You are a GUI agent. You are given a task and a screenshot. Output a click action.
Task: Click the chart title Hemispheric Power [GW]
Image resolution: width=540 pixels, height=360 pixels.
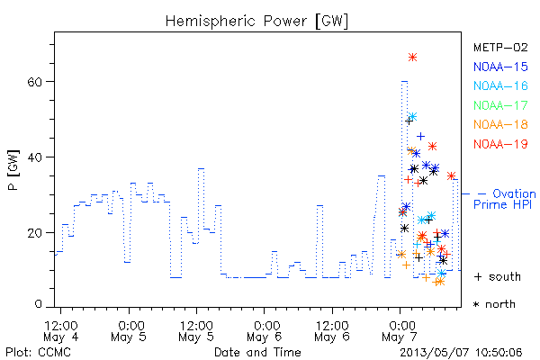tap(256, 21)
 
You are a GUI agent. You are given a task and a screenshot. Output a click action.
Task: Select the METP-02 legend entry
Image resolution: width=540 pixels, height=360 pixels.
tap(500, 47)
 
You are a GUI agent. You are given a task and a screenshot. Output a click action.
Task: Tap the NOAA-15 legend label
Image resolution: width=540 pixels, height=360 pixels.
tap(500, 67)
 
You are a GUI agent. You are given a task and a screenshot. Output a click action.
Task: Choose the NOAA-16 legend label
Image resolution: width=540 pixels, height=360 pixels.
tap(500, 85)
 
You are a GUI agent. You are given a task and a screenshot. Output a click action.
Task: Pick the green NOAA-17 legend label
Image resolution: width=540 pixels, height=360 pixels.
tap(500, 105)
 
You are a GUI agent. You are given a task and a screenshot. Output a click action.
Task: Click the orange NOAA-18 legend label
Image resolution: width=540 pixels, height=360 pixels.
tap(500, 124)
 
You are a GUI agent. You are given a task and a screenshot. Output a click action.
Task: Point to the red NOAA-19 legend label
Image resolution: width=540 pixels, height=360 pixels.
tap(500, 144)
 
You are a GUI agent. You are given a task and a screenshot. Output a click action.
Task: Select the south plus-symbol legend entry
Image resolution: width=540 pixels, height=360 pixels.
tap(498, 276)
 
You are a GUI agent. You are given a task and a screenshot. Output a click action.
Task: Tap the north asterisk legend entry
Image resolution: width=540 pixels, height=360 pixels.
tap(494, 304)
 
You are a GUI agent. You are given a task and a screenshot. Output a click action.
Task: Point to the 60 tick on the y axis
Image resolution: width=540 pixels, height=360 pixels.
tap(34, 82)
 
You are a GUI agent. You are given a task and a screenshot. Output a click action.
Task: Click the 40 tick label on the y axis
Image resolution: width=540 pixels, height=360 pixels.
tap(34, 157)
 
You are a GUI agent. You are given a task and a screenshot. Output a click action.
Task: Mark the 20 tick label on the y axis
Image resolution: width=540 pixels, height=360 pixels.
tap(34, 232)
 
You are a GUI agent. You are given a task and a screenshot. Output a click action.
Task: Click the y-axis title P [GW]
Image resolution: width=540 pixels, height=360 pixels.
tap(13, 170)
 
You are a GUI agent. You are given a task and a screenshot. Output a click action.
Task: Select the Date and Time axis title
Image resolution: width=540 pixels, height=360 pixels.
tap(257, 352)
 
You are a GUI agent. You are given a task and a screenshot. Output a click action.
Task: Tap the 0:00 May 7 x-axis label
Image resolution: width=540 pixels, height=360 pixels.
tap(400, 330)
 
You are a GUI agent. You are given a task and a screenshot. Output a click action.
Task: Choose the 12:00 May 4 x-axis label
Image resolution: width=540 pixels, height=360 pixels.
tap(61, 330)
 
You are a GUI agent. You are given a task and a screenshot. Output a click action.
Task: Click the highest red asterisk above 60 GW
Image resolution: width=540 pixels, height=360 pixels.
tap(412, 58)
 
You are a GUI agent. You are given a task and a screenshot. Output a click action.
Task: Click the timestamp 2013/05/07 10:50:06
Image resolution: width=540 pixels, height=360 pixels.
tap(461, 352)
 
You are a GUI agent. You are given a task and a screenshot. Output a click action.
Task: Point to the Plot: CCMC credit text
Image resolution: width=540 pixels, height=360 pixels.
tap(38, 352)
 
